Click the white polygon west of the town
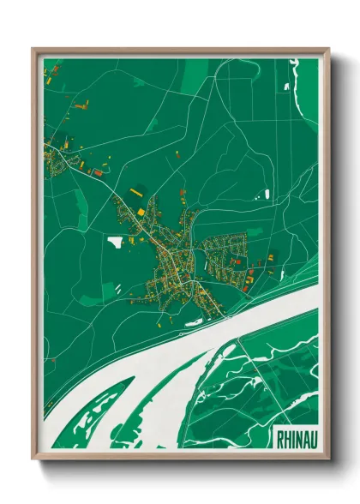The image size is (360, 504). click(116, 241)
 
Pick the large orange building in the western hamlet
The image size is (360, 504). click(97, 172)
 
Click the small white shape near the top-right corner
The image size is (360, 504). click(286, 86)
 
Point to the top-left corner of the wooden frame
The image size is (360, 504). click(33, 50)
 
